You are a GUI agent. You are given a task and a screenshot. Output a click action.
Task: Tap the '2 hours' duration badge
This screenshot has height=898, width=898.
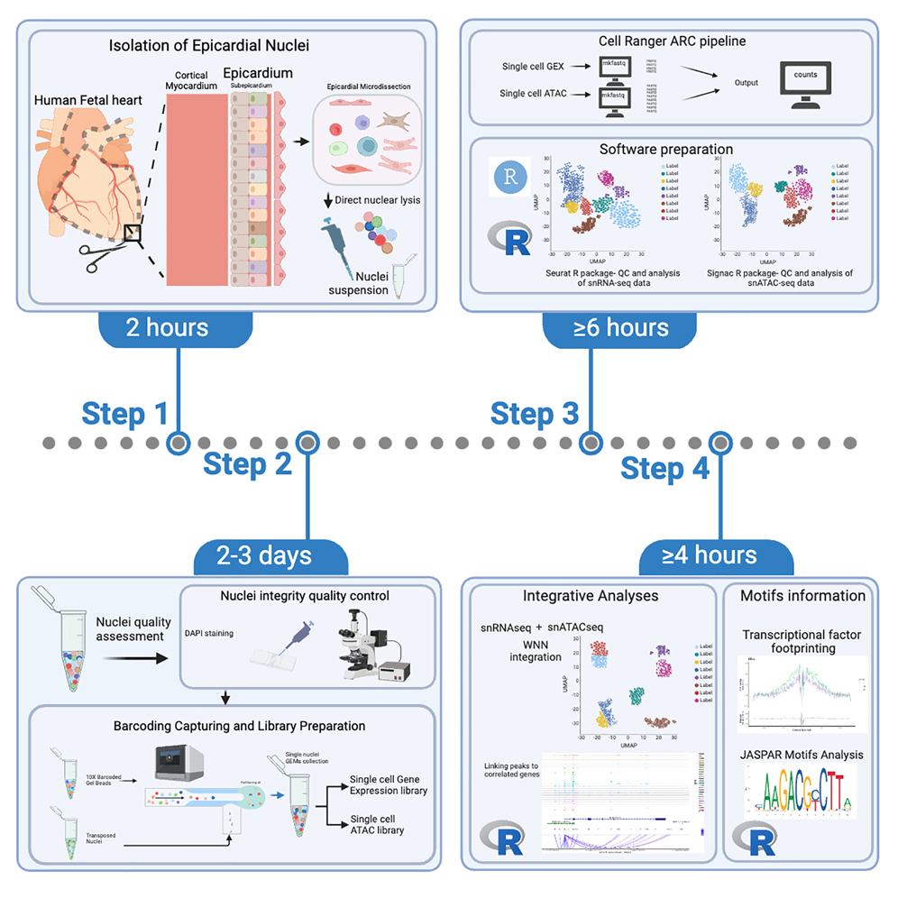click(x=168, y=327)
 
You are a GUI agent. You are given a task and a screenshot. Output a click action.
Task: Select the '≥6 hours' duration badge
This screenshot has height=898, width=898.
click(x=619, y=327)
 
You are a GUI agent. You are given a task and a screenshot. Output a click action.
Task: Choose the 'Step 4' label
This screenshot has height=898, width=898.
click(x=664, y=470)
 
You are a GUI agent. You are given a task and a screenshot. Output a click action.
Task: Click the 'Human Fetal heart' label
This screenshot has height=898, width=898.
click(x=89, y=100)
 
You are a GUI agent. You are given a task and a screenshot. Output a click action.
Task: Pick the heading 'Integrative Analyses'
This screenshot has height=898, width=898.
click(x=579, y=596)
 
